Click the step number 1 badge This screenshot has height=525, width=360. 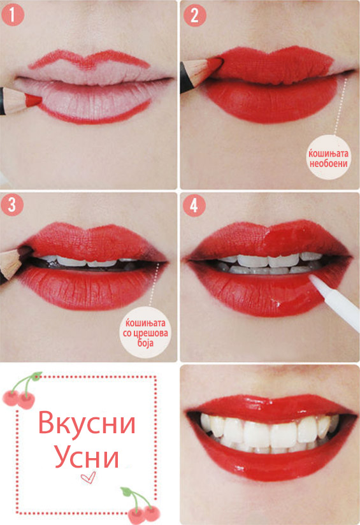[12, 15]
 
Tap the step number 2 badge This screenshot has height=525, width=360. [194, 15]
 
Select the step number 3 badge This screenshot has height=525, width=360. [12, 205]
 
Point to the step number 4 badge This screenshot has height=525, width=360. [194, 205]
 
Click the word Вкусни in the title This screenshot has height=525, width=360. [87, 422]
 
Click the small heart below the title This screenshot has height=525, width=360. [89, 477]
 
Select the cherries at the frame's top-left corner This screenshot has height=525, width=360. [22, 391]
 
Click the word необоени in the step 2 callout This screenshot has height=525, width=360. [328, 163]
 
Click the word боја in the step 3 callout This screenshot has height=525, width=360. [145, 343]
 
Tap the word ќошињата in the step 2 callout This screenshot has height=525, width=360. [328, 154]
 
